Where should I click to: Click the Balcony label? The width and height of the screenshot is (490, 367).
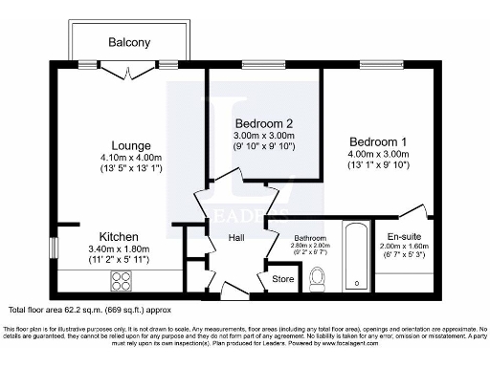pyautogui.click(x=129, y=43)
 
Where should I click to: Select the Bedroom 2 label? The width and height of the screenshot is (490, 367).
pyautogui.click(x=263, y=123)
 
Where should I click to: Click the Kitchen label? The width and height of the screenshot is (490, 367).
pyautogui.click(x=120, y=236)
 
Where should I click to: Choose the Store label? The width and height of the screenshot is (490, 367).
pyautogui.click(x=283, y=279)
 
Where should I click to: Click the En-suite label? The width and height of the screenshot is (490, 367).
pyautogui.click(x=406, y=235)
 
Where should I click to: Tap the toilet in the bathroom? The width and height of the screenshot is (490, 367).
pyautogui.click(x=320, y=278)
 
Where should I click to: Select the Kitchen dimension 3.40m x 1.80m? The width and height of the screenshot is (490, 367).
pyautogui.click(x=120, y=248)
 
